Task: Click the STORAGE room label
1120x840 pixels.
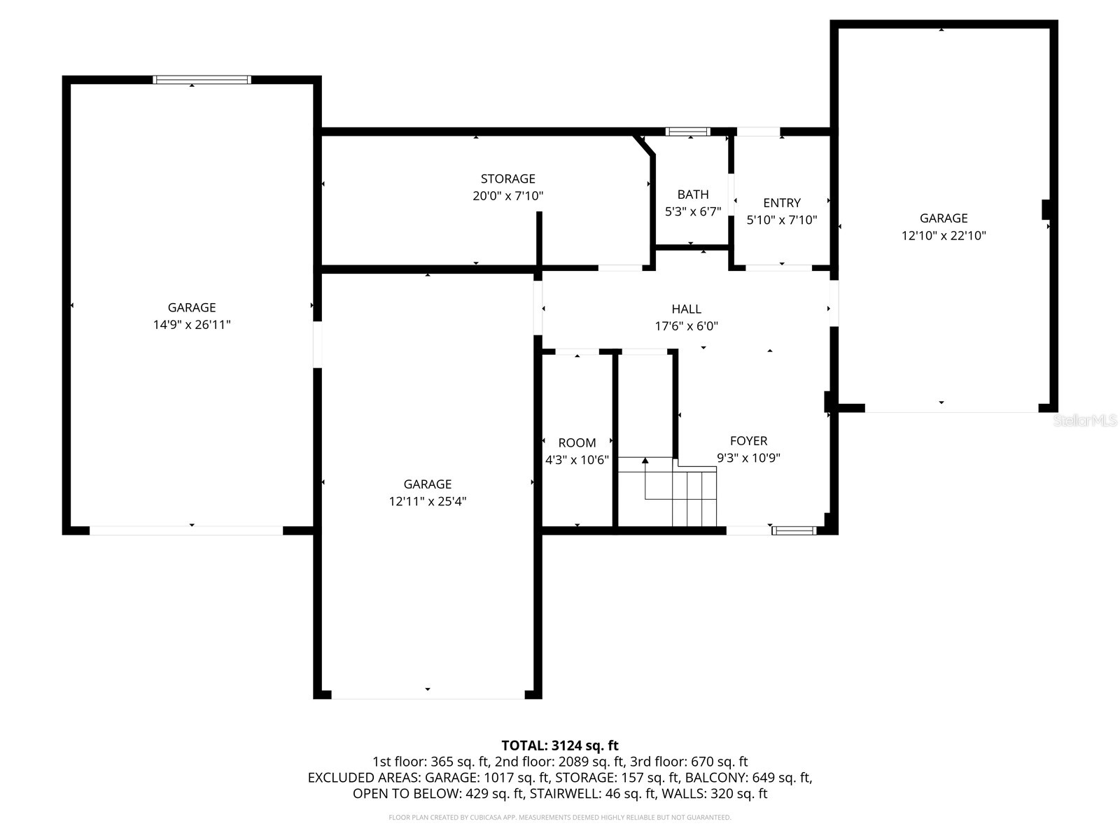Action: coord(507,178)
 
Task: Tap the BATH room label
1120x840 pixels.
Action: coord(692,195)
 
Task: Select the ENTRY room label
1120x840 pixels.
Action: coord(781,203)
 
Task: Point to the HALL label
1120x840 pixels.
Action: coord(686,309)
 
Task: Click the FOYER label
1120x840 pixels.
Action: coord(748,440)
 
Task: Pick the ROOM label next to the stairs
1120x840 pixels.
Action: coord(577,442)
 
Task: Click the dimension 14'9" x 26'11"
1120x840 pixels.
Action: coord(192,325)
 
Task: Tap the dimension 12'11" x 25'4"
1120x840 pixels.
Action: coord(427,501)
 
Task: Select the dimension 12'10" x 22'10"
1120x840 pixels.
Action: coord(943,236)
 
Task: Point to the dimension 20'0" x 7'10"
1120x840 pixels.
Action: coord(507,196)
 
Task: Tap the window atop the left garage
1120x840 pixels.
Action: coord(202,80)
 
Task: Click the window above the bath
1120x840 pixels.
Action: coord(687,132)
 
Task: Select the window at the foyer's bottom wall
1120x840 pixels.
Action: coord(794,531)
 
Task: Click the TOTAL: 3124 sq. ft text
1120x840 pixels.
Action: coord(559,745)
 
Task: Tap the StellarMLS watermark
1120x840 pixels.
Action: coord(1084,420)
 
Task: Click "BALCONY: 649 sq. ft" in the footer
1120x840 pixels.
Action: coord(748,778)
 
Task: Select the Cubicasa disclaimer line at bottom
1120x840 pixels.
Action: coord(559,817)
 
